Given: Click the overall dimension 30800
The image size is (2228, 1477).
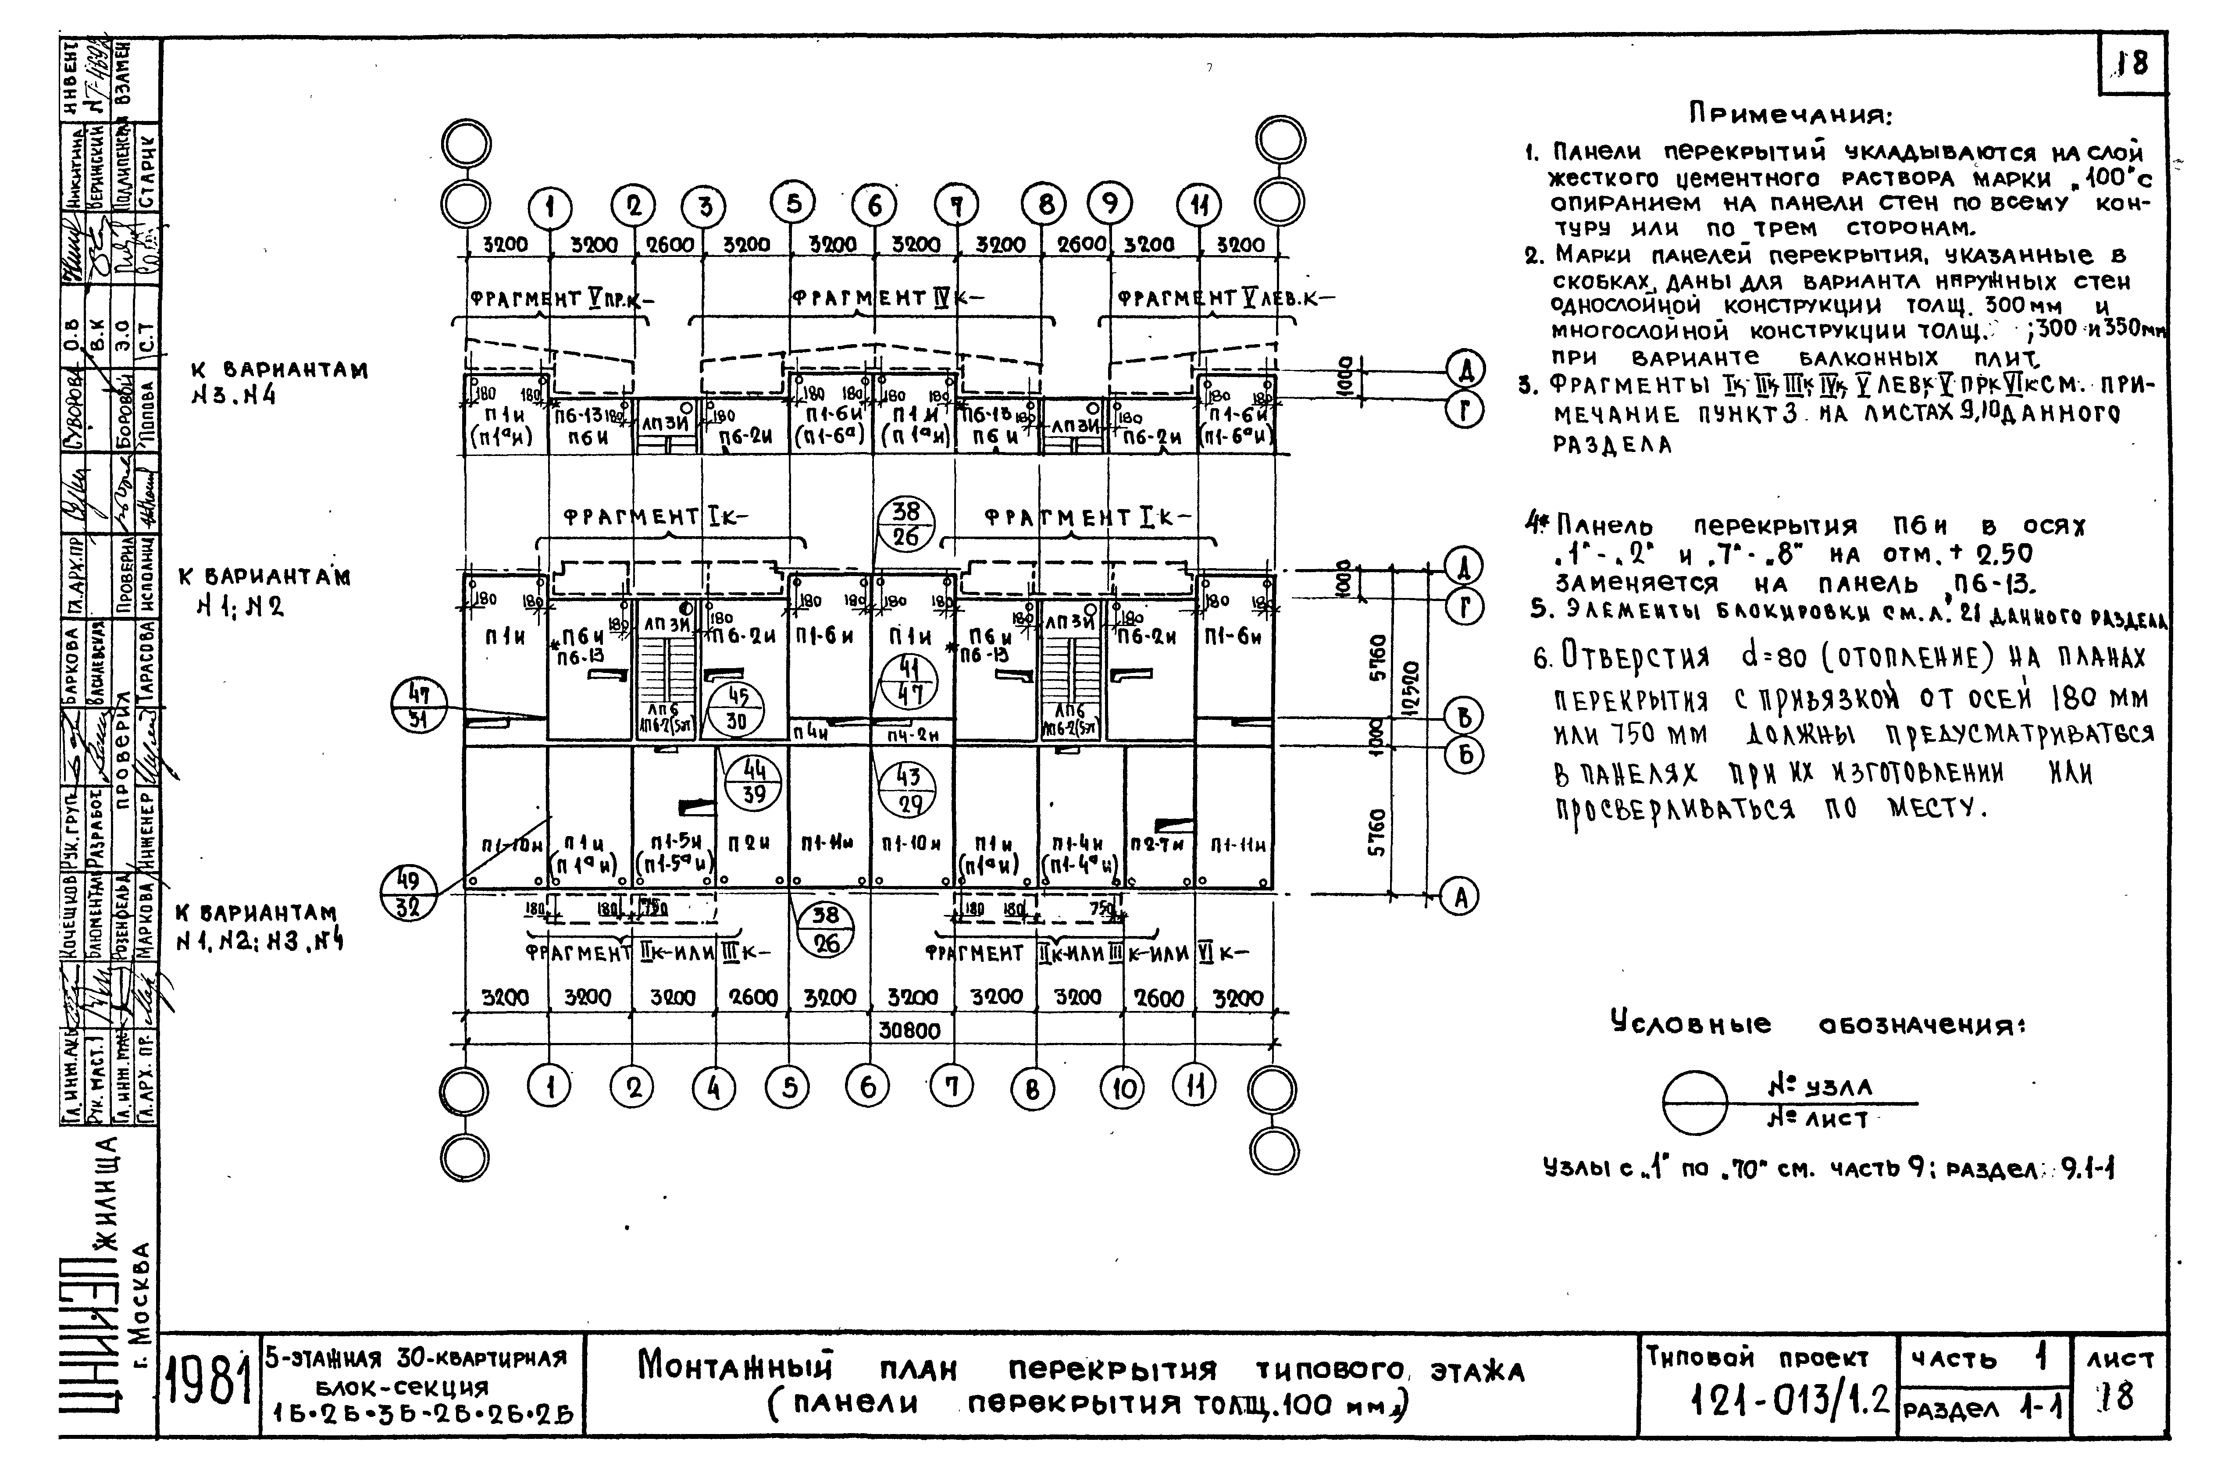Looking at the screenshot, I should (910, 1031).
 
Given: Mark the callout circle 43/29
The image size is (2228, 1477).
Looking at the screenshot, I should (907, 788).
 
